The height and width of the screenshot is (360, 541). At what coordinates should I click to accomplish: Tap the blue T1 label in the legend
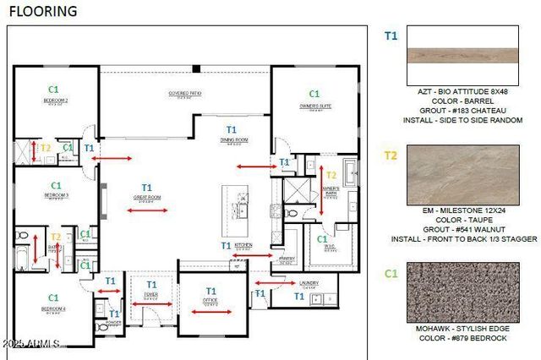click(391, 36)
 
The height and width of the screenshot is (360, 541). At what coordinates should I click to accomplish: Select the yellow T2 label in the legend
click(391, 155)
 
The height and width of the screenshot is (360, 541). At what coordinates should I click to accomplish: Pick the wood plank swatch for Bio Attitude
click(462, 56)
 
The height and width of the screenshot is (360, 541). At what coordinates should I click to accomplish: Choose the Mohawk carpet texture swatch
click(462, 292)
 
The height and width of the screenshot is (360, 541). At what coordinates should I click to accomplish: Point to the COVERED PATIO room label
click(183, 94)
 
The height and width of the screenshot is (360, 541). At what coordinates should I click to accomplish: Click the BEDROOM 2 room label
click(56, 101)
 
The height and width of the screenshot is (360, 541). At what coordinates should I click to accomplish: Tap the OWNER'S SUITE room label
click(314, 106)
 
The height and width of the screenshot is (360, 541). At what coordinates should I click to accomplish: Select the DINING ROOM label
click(233, 139)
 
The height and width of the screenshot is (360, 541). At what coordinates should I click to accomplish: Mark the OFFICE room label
click(210, 299)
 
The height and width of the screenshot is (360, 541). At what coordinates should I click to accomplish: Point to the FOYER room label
click(151, 298)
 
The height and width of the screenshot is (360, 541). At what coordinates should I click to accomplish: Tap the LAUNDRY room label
click(308, 283)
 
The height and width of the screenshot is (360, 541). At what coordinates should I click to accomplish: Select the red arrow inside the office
click(211, 312)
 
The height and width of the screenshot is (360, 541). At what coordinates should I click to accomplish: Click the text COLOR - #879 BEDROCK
click(462, 338)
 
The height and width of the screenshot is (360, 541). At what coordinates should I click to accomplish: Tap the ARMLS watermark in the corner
click(32, 344)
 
